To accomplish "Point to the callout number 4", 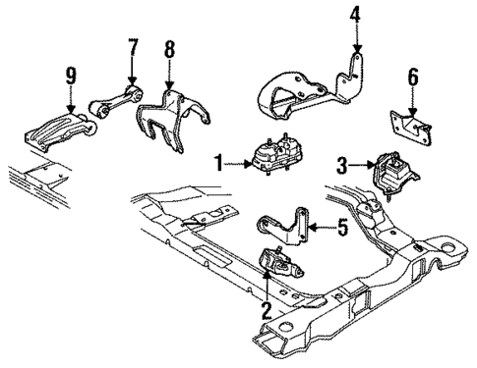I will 356,16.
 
